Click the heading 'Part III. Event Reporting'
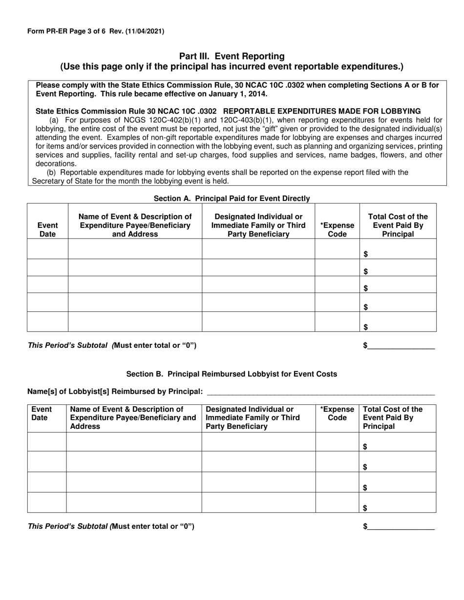point(232,57)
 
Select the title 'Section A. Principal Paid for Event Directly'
point(232,199)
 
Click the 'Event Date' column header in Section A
point(47,230)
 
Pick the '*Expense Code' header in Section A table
point(337,230)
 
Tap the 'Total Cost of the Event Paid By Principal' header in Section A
point(398,225)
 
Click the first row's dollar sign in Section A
point(366,254)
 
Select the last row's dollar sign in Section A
point(366,327)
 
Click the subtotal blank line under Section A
point(401,346)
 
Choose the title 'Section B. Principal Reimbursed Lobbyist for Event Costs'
point(232,374)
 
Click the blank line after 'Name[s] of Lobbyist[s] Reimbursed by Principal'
point(320,392)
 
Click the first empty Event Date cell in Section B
point(47,442)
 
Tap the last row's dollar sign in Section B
point(365,508)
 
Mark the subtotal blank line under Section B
point(401,527)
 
